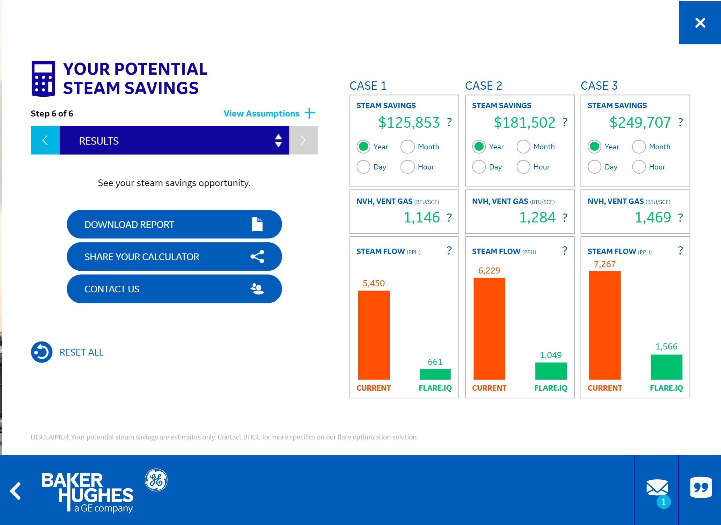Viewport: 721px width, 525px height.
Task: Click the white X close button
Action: (x=700, y=23)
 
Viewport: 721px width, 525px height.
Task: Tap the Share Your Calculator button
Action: (x=174, y=257)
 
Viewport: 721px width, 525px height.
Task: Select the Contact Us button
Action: (x=174, y=289)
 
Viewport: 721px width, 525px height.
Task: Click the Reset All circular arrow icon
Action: (x=41, y=352)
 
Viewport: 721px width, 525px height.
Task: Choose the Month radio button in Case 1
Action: (x=407, y=147)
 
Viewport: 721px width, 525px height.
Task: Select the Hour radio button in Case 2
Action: (x=523, y=167)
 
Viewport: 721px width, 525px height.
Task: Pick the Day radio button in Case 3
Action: (x=594, y=167)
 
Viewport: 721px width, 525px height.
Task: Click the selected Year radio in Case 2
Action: (x=479, y=147)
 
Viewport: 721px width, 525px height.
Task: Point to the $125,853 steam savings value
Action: (x=409, y=123)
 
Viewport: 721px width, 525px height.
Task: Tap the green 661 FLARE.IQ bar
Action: (x=435, y=374)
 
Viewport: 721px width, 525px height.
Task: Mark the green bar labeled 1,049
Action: (x=551, y=371)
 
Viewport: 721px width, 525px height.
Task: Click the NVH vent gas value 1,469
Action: (x=653, y=218)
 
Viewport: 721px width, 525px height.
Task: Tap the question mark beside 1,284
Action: (x=565, y=218)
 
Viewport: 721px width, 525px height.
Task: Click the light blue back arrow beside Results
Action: (x=45, y=140)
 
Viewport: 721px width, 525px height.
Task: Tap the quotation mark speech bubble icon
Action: (x=701, y=487)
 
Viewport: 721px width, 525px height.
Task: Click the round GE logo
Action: (x=156, y=480)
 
